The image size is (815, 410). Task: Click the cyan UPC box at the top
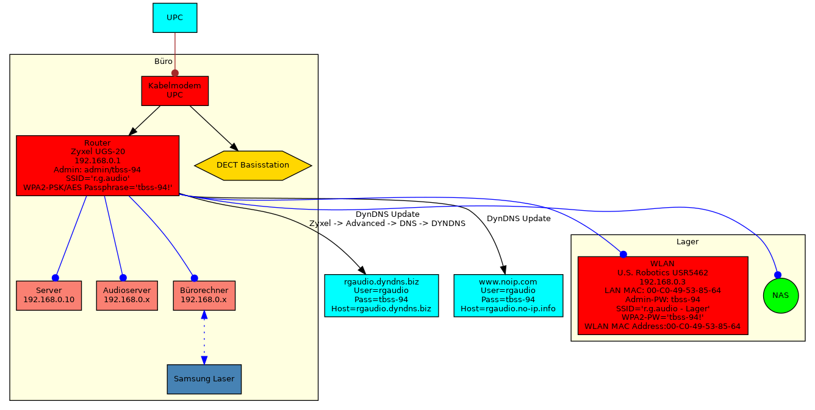click(x=174, y=18)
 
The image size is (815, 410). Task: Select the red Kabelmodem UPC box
click(x=174, y=90)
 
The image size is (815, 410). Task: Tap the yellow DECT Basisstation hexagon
click(x=253, y=165)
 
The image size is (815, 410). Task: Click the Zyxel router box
click(x=98, y=165)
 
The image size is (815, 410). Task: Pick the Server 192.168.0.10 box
click(x=49, y=295)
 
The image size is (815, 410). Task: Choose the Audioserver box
click(x=127, y=295)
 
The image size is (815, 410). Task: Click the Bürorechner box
click(x=204, y=295)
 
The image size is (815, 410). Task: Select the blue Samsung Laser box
click(x=204, y=379)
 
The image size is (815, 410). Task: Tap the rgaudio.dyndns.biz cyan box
click(x=381, y=295)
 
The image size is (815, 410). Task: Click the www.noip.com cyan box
click(x=508, y=295)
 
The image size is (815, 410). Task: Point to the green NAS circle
click(x=780, y=295)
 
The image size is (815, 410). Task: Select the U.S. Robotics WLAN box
click(x=662, y=295)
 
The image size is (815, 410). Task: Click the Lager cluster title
click(x=688, y=242)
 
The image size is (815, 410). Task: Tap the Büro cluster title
click(x=163, y=62)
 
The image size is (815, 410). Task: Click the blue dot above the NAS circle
click(x=778, y=275)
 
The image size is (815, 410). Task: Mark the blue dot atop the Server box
click(x=56, y=277)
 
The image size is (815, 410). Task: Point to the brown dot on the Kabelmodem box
click(x=175, y=73)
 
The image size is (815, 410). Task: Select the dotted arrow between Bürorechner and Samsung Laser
click(x=204, y=338)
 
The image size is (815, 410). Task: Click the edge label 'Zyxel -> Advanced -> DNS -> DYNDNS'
click(x=387, y=224)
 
